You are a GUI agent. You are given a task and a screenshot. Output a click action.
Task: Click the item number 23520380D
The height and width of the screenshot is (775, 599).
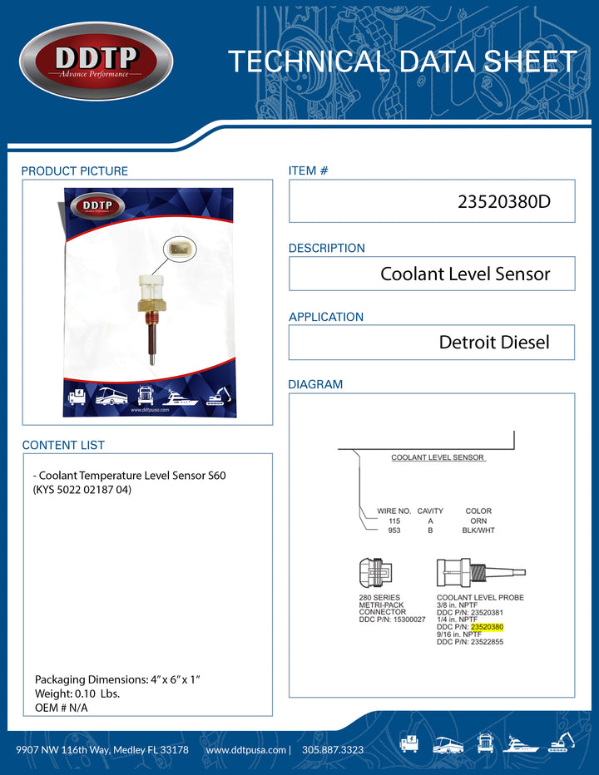point(504,202)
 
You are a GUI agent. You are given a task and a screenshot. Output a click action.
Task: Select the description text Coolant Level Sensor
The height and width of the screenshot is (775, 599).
point(465,274)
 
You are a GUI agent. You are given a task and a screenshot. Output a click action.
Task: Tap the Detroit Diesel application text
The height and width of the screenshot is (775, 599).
point(494,342)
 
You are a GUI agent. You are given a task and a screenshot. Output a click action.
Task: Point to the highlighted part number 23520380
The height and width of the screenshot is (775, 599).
point(487,627)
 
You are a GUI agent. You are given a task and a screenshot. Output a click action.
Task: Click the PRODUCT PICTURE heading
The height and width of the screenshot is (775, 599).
point(75,171)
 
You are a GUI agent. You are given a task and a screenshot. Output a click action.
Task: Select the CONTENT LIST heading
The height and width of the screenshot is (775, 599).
point(63,445)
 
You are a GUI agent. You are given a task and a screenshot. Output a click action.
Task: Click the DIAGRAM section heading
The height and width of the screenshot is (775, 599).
point(315,385)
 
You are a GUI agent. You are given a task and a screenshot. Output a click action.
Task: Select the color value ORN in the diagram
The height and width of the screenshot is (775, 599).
point(478,521)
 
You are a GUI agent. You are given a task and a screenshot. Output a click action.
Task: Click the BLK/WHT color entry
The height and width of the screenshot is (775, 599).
point(478,530)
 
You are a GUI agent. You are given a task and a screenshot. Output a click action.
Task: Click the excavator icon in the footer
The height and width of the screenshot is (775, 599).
point(562,744)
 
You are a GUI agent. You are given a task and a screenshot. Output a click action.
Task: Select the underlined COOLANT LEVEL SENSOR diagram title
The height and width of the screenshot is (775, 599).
point(438,457)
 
